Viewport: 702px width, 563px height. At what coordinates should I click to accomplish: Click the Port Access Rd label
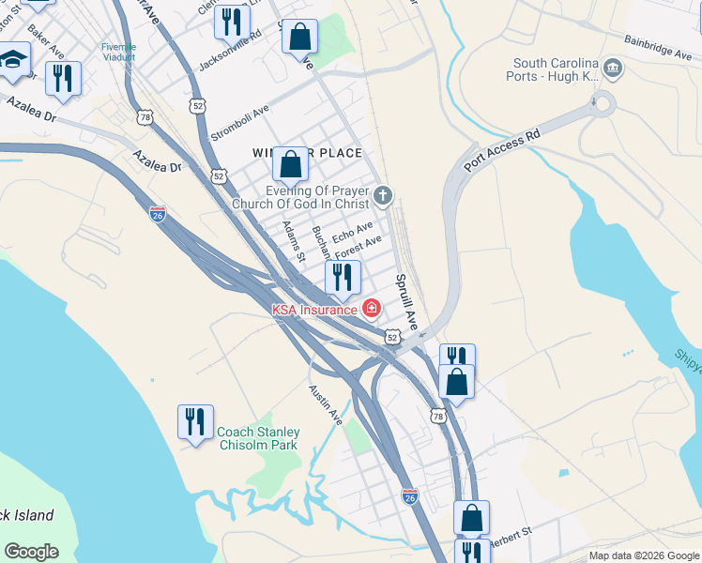(503, 148)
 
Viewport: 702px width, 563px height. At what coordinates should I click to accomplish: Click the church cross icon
(382, 196)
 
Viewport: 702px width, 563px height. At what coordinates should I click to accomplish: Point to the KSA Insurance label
(314, 309)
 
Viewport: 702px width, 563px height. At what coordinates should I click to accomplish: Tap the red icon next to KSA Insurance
(372, 308)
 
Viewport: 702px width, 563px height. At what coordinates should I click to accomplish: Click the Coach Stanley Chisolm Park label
(257, 438)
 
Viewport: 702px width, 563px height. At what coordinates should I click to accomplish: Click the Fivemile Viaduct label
(119, 52)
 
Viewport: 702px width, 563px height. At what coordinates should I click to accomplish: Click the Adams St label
(295, 241)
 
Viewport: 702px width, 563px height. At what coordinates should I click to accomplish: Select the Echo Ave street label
(353, 232)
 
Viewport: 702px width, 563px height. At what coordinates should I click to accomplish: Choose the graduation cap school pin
(12, 61)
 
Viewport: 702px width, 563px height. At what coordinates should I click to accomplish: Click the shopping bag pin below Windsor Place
(291, 165)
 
